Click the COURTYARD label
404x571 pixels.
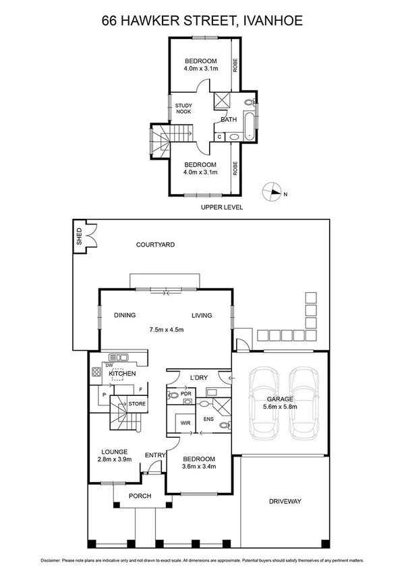[x=154, y=244]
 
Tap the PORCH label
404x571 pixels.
[x=140, y=496]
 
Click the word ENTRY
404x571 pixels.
[x=155, y=455]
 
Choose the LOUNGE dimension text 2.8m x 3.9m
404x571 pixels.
[x=113, y=460]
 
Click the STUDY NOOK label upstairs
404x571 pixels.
[x=183, y=108]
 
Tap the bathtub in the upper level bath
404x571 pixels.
[x=250, y=125]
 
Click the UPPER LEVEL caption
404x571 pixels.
[x=221, y=207]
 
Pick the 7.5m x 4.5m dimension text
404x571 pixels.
[x=167, y=329]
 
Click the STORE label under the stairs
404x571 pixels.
[x=137, y=403]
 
